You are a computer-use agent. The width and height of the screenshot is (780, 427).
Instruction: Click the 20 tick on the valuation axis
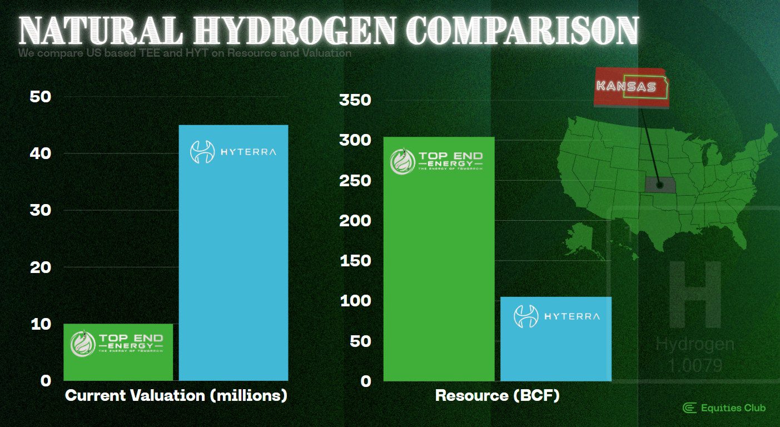tap(40, 267)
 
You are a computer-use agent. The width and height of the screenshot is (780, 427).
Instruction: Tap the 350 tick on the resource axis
tap(355, 101)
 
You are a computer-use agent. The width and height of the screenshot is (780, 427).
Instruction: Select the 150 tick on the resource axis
tap(355, 261)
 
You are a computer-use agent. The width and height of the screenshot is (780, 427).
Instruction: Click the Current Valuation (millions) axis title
tap(176, 396)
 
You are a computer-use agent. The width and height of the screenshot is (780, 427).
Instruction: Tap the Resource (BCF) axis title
tap(497, 396)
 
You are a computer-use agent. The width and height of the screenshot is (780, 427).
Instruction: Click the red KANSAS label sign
tap(632, 87)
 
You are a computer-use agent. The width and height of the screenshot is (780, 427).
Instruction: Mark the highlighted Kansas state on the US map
tap(660, 185)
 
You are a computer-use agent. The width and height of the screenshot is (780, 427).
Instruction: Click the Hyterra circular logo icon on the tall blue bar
tap(202, 152)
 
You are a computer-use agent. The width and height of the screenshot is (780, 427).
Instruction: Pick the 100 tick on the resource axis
tap(355, 301)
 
